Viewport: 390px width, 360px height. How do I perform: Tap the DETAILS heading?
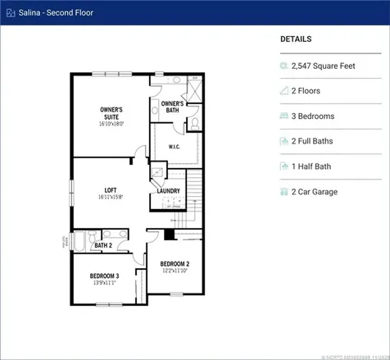pyautogui.click(x=296, y=39)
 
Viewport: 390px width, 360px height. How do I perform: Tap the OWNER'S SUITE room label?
pyautogui.click(x=111, y=112)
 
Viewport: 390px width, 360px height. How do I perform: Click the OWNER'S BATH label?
pyautogui.click(x=172, y=107)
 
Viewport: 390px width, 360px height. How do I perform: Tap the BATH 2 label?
pyautogui.click(x=103, y=245)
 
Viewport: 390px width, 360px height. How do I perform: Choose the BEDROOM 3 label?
pyautogui.click(x=104, y=276)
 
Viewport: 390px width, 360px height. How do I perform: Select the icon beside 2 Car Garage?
pyautogui.click(x=284, y=192)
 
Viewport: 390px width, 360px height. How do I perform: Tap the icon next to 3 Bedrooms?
pyautogui.click(x=284, y=116)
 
